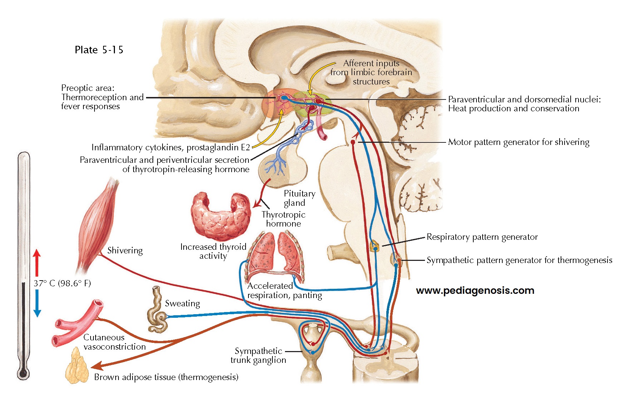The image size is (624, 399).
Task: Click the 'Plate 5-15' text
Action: click(99, 50)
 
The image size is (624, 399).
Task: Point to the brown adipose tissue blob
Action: click(77, 366)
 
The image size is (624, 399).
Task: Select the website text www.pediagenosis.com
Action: click(475, 291)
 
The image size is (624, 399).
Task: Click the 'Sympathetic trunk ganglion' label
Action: click(258, 355)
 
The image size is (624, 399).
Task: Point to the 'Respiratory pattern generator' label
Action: click(482, 237)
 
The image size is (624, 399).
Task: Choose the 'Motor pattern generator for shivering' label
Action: click(518, 142)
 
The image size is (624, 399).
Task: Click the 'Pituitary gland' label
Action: click(299, 198)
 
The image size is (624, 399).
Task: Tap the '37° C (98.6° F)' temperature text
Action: click(62, 283)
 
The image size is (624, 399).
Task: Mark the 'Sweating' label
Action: click(182, 303)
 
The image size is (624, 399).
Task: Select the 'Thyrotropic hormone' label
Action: click(283, 219)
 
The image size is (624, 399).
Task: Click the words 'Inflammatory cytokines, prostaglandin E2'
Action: click(170, 147)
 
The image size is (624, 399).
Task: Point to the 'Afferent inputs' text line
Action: click(371, 63)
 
